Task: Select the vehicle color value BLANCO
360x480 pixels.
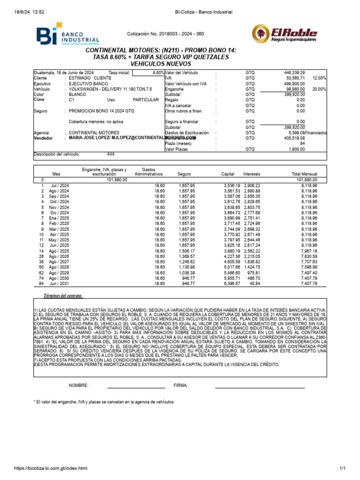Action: pyautogui.click(x=78, y=94)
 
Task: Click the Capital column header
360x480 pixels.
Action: pyautogui.click(x=228, y=174)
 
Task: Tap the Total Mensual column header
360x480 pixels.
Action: pyautogui.click(x=305, y=174)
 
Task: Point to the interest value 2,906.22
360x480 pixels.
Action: pyautogui.click(x=252, y=186)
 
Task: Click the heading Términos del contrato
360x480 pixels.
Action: pyautogui.click(x=63, y=296)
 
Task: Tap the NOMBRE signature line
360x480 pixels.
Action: pyautogui.click(x=136, y=387)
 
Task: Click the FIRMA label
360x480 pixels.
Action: pyautogui.click(x=180, y=385)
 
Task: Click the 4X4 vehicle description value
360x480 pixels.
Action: pyautogui.click(x=111, y=154)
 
